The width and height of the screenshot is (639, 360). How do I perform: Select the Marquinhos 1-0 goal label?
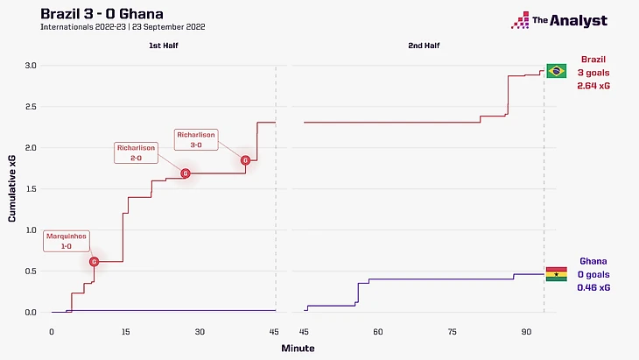point(67,239)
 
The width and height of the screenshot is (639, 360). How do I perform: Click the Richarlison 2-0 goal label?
point(136,153)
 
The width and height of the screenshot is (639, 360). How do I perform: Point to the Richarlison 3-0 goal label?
point(196,138)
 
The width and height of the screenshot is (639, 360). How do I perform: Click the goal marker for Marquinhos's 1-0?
point(95,261)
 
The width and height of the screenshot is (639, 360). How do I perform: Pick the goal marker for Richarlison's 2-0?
point(185,173)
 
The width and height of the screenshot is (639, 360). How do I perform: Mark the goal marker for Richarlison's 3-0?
point(245,160)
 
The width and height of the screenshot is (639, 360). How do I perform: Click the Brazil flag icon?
point(556,71)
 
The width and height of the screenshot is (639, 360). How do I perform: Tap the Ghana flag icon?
point(556,274)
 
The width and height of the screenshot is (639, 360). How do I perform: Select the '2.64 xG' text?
point(593,87)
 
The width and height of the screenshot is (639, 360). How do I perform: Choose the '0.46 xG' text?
point(593,287)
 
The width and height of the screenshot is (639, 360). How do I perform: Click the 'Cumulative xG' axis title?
point(11,188)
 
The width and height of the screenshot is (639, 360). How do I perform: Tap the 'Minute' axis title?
point(298,348)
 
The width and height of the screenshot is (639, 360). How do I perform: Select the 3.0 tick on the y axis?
point(30,66)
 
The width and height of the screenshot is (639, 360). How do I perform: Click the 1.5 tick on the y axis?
point(30,188)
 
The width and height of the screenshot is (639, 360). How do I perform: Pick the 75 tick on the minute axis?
point(452,331)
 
